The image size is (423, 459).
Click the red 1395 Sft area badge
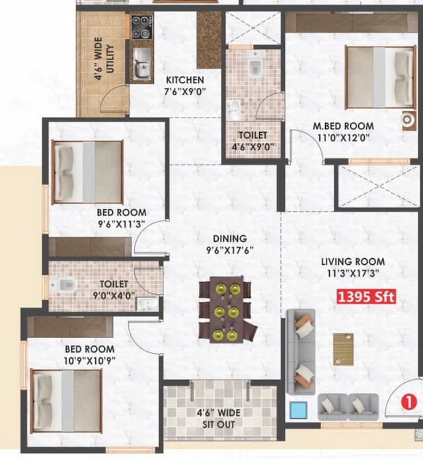click(x=367, y=297)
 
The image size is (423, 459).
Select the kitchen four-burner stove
click(x=140, y=27)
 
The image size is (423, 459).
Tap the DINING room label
click(x=229, y=238)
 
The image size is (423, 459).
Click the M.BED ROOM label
click(x=343, y=126)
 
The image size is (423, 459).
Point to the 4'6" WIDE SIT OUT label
click(x=219, y=418)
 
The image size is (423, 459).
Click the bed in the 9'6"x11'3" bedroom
click(x=88, y=171)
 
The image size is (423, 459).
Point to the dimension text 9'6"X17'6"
click(x=229, y=250)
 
